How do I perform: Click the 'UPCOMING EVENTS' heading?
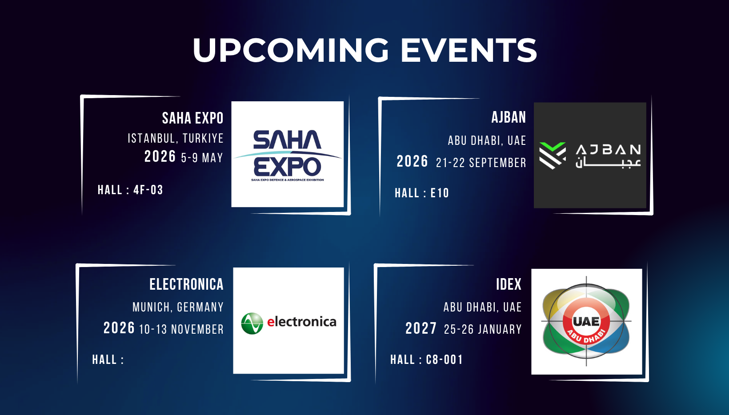point(364,50)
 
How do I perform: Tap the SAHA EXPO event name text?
point(192,118)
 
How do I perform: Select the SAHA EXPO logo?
point(287,154)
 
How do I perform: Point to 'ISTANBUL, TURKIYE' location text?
point(176,139)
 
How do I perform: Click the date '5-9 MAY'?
point(202,158)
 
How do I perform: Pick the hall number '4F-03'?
point(148,190)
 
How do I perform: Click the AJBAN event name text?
point(509,117)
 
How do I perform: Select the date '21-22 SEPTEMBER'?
point(481,163)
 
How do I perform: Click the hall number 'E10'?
point(440,193)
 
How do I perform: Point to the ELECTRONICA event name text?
point(186,284)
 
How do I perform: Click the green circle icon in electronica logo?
point(252,323)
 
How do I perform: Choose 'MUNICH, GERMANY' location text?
point(178,307)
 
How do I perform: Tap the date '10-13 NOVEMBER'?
point(181,329)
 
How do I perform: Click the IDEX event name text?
point(509,284)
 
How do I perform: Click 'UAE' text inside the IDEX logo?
point(586,321)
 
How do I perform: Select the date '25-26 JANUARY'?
point(483,329)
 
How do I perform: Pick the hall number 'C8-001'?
point(445,360)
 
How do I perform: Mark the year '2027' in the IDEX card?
point(421,328)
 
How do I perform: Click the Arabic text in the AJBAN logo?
point(608,163)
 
